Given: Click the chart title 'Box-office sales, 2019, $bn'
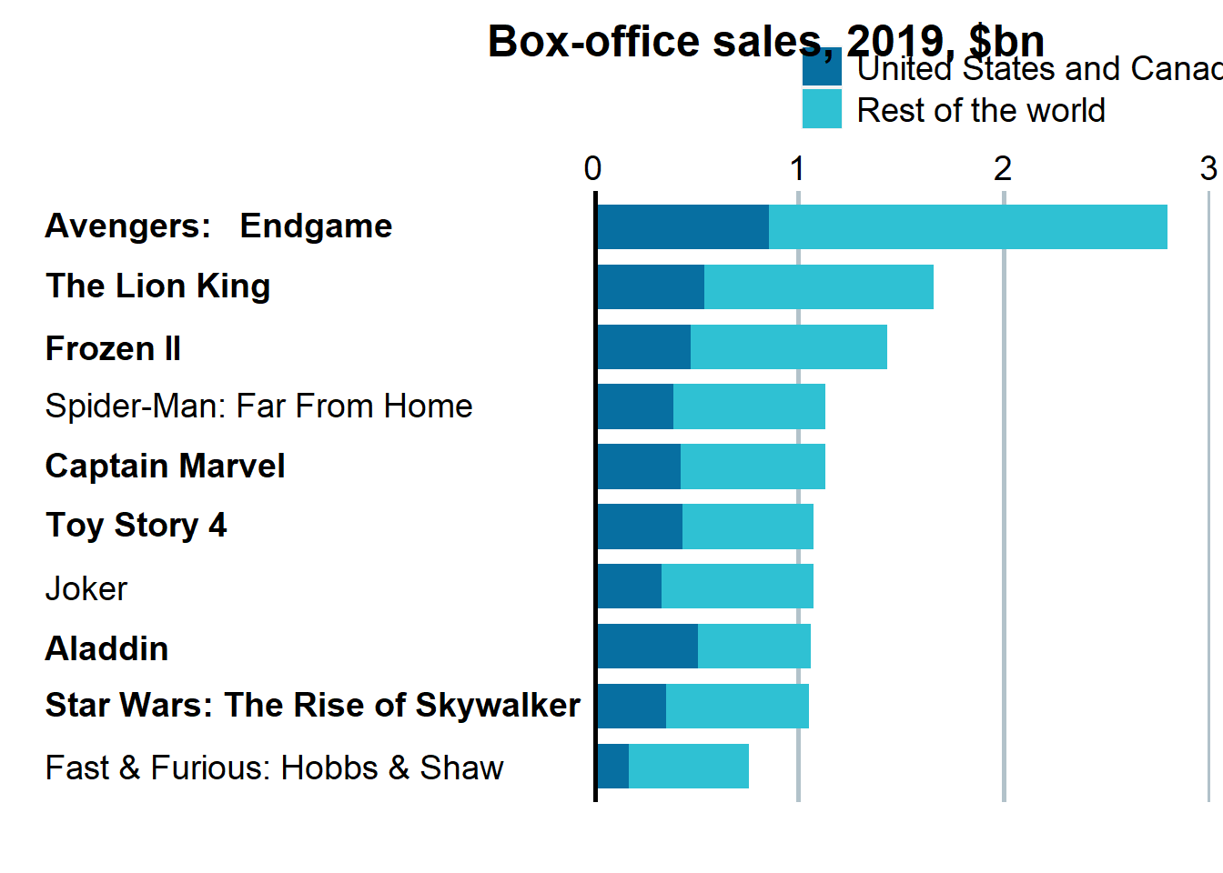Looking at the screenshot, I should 765,41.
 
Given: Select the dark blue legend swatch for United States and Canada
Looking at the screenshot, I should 821,68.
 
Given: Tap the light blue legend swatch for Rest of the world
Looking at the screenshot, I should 821,109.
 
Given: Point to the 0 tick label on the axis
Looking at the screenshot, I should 592,168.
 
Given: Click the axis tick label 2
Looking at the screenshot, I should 1002,168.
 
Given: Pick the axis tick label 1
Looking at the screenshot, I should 797,168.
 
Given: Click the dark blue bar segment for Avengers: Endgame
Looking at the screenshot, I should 682,226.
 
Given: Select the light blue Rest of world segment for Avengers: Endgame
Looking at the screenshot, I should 967,226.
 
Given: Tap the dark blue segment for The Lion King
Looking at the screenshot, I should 651,286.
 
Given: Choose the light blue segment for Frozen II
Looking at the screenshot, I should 788,346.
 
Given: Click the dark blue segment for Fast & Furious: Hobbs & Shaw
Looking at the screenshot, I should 613,766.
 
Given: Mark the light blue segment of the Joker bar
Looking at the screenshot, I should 737,586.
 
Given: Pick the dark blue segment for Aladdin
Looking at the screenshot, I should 648,646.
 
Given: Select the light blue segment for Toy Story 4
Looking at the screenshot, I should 747,527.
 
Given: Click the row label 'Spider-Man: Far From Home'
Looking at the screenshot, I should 258,406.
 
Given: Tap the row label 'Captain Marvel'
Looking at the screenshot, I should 165,466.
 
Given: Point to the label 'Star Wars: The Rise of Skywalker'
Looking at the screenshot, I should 312,705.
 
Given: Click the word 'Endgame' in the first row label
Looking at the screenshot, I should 316,226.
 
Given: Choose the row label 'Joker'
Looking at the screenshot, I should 86,588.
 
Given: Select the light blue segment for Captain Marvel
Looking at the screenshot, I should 753,467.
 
